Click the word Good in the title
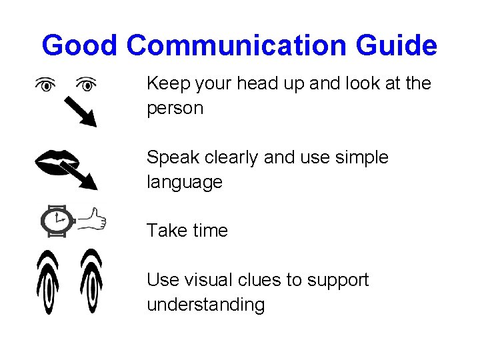coord(79,46)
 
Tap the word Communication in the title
coord(236,46)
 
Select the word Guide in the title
coord(396,46)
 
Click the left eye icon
coord(45,85)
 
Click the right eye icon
coord(85,85)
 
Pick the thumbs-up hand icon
coord(92,218)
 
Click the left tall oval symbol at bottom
coord(49,282)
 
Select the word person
coord(175,109)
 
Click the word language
coord(185,183)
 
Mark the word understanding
coord(205,305)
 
